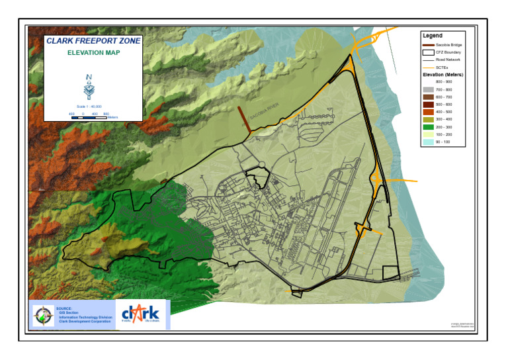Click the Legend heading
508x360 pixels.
[x=432, y=35]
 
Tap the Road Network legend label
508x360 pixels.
[x=448, y=60]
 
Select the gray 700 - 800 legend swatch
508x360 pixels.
[x=428, y=89]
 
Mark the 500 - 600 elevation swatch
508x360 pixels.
[x=428, y=105]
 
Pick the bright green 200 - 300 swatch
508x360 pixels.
[x=428, y=127]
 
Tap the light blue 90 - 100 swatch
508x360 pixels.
[x=428, y=142]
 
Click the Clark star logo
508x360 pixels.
[x=141, y=313]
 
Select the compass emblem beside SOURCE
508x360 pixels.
[x=44, y=315]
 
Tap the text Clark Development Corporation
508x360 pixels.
[x=85, y=322]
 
